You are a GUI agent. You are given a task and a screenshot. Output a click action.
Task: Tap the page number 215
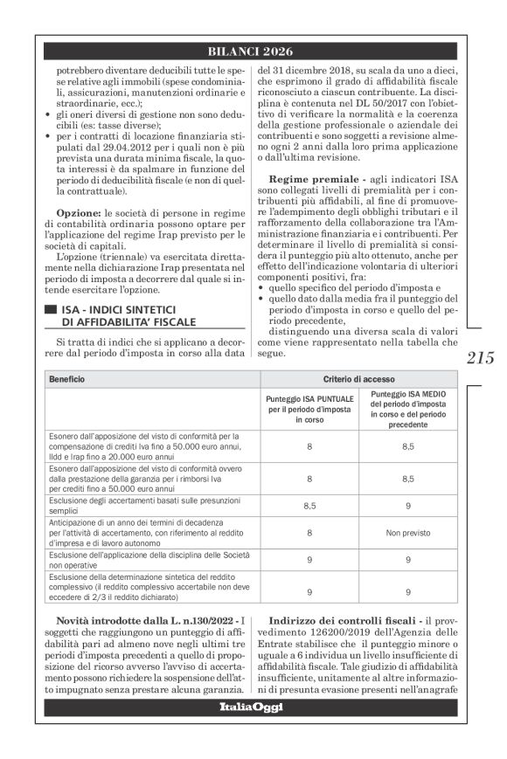[x=480, y=358]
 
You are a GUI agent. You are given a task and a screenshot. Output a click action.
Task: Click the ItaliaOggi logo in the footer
[x=251, y=706]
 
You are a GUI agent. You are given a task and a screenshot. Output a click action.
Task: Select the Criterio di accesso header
[x=358, y=381]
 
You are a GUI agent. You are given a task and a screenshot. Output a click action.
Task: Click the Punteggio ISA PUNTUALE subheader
[x=310, y=408]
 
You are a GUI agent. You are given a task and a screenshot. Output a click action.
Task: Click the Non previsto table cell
[x=408, y=530]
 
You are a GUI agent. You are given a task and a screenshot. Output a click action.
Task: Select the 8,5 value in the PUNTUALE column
[x=309, y=505]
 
